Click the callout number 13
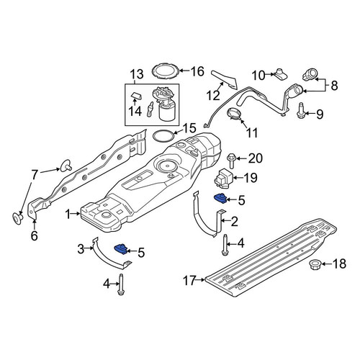pyautogui.click(x=137, y=74)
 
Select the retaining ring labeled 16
pyautogui.click(x=166, y=71)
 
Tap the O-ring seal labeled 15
pyautogui.click(x=163, y=136)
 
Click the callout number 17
pyautogui.click(x=190, y=281)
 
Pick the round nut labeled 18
pyautogui.click(x=314, y=264)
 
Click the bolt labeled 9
pyautogui.click(x=300, y=110)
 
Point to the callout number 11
pyautogui.click(x=252, y=132)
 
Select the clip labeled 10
pyautogui.click(x=280, y=74)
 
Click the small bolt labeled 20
pyautogui.click(x=232, y=161)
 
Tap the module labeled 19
pyautogui.click(x=223, y=179)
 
